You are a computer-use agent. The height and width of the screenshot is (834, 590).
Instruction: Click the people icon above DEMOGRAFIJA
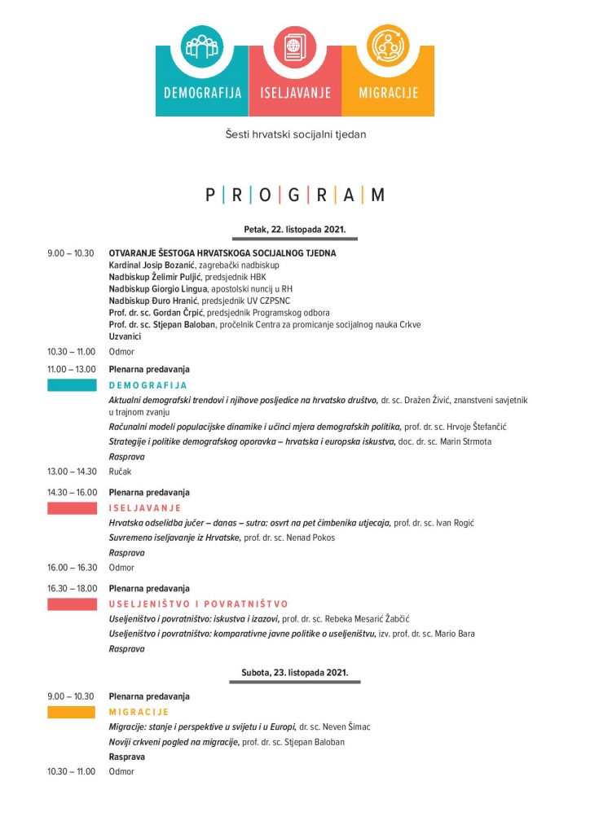tap(203, 46)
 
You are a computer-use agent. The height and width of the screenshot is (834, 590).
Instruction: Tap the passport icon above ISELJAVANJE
tap(295, 46)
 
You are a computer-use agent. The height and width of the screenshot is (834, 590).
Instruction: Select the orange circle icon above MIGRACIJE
tap(387, 46)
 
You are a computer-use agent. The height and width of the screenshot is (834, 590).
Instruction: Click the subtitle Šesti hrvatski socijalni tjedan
tap(295, 134)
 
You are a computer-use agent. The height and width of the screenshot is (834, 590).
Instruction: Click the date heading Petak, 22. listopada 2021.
tap(295, 230)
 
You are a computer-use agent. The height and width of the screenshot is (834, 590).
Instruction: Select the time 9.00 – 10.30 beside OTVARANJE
tap(71, 253)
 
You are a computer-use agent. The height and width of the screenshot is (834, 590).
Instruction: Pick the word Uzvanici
tap(125, 336)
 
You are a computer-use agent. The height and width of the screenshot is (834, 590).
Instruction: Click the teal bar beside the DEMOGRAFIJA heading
tap(72, 385)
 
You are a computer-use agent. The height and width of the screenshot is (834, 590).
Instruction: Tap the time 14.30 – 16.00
tap(72, 493)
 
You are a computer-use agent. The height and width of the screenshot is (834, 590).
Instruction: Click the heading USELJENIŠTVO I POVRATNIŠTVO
tap(198, 604)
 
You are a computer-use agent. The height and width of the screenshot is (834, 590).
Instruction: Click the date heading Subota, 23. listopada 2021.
tap(295, 673)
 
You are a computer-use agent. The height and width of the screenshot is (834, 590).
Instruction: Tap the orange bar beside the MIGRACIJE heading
tap(72, 712)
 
